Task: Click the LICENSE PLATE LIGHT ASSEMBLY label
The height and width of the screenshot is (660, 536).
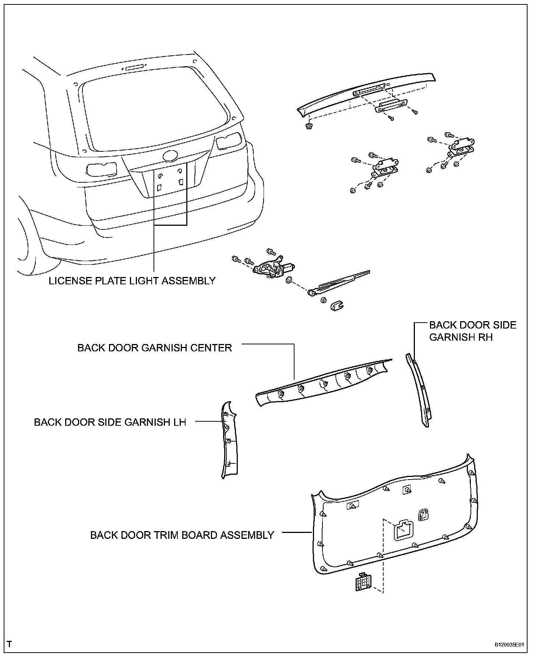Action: pos(132,281)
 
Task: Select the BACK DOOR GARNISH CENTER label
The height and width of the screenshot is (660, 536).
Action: pos(155,348)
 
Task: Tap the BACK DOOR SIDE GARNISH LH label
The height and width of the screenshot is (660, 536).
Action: pos(110,422)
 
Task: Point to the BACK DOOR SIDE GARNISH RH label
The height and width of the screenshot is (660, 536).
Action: pos(473,331)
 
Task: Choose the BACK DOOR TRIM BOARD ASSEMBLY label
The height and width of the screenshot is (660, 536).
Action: pos(182,535)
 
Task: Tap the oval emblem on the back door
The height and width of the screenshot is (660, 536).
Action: pos(170,156)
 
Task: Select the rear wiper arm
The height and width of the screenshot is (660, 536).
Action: pos(339,283)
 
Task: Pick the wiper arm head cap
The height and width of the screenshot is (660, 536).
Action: pos(336,306)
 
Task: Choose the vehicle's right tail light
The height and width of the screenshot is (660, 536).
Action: pos(229,142)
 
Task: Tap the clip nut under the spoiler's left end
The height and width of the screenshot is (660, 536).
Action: pos(308,126)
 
